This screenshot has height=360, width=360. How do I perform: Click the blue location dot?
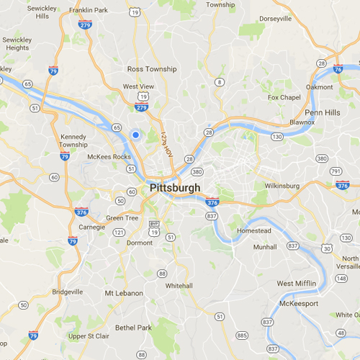click(x=135, y=133)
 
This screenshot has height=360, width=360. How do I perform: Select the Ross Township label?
click(x=151, y=69)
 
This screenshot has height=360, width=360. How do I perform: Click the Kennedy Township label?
click(x=73, y=140)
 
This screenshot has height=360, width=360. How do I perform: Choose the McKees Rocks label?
click(x=108, y=156)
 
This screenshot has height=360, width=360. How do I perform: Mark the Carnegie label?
click(x=91, y=227)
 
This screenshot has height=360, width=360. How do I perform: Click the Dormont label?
click(x=140, y=243)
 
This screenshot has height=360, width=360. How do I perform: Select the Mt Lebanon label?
click(x=124, y=293)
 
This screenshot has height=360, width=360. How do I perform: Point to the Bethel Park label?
click(x=134, y=328)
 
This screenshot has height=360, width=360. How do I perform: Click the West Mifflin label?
click(x=296, y=284)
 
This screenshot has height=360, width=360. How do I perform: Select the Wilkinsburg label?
click(x=282, y=186)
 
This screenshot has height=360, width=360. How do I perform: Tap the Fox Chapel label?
click(x=282, y=97)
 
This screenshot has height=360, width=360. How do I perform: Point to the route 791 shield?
click(x=336, y=171)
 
